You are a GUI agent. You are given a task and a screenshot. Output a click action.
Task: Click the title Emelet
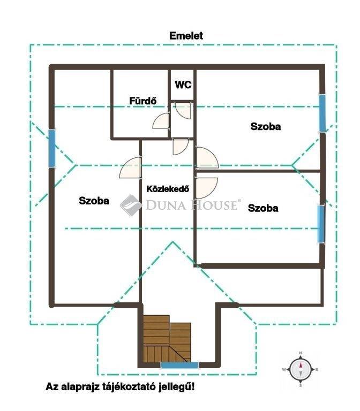[186, 36]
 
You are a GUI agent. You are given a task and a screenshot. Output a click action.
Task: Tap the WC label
[183, 85]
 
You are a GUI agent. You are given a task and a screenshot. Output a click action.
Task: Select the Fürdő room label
[143, 101]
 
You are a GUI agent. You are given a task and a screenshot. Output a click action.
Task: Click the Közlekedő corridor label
[168, 189]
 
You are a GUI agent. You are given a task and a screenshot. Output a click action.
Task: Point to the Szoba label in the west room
[94, 201]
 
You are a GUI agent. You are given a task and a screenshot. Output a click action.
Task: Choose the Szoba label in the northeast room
[266, 126]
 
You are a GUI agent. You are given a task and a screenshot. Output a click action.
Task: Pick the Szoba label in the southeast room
[263, 208]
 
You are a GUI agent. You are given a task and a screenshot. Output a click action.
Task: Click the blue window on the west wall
[52, 149]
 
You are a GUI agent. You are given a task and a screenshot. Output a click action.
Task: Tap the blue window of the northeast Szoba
[322, 113]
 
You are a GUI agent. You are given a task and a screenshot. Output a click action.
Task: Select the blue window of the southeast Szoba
[321, 224]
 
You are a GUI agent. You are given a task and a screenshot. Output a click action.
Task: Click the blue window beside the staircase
[180, 365]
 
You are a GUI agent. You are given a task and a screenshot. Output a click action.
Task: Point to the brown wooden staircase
[167, 339]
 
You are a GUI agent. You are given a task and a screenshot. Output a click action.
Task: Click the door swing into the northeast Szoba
[207, 157]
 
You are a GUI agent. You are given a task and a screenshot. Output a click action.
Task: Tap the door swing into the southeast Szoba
[206, 188]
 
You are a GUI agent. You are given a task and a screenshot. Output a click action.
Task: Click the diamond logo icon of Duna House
[131, 205]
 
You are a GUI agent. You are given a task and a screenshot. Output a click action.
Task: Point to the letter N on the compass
[301, 353]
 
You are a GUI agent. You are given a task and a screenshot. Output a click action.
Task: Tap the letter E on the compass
[317, 370]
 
